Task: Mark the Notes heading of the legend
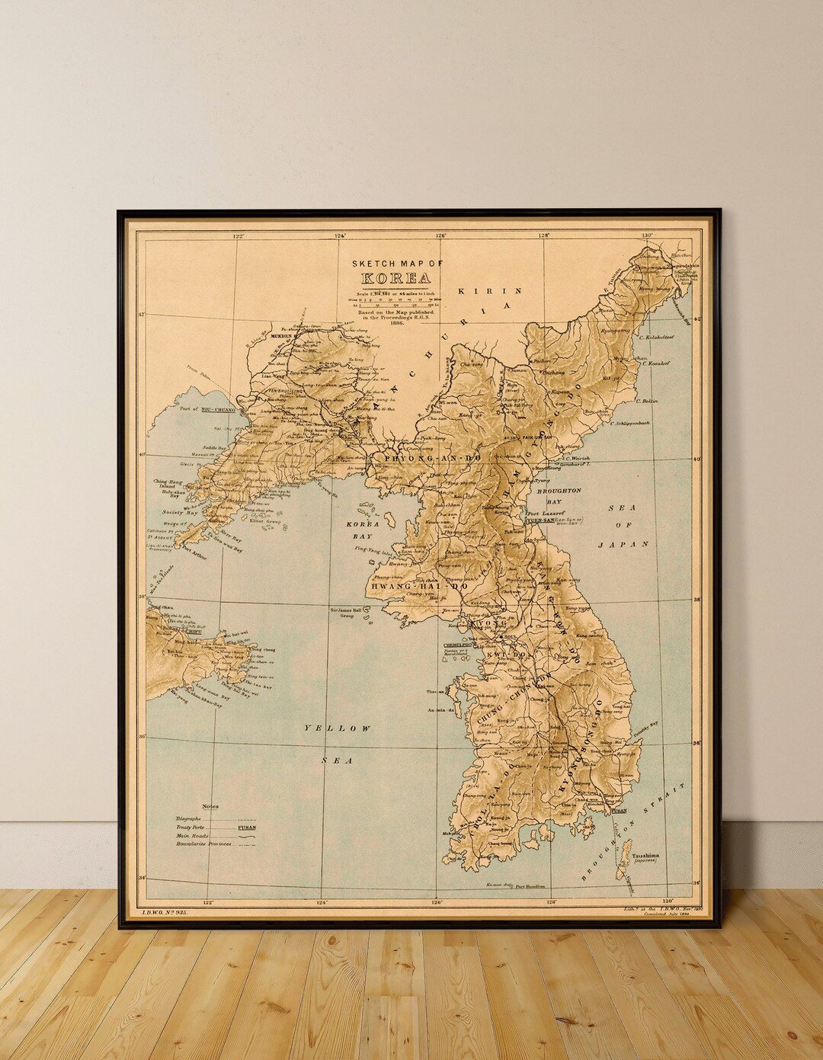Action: click(210, 805)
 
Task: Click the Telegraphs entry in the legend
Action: click(188, 818)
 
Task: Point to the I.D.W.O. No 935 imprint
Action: click(165, 911)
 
